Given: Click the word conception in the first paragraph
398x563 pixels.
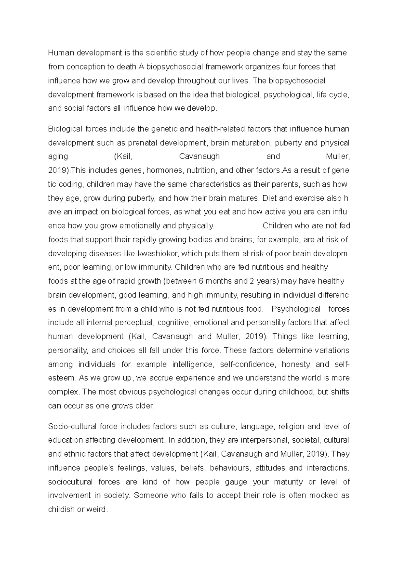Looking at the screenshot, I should pos(84,67).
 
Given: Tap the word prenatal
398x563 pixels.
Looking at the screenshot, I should pos(143,143).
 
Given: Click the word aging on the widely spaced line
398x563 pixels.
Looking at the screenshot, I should pos(58,156).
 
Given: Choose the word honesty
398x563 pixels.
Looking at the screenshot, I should pos(296,364).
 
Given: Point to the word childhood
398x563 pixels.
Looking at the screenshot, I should pos(298,392).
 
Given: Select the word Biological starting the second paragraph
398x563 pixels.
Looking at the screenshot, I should pos(64,129).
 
